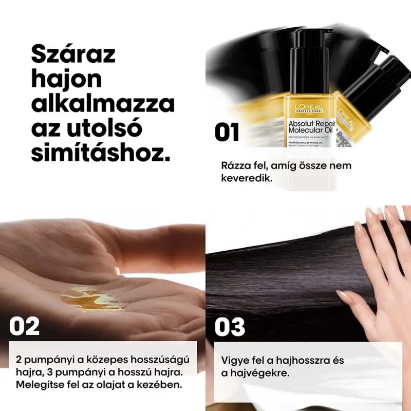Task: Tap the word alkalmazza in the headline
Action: (x=103, y=104)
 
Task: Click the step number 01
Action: (x=227, y=132)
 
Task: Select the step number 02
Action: (x=24, y=326)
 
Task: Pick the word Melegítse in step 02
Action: (x=38, y=384)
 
